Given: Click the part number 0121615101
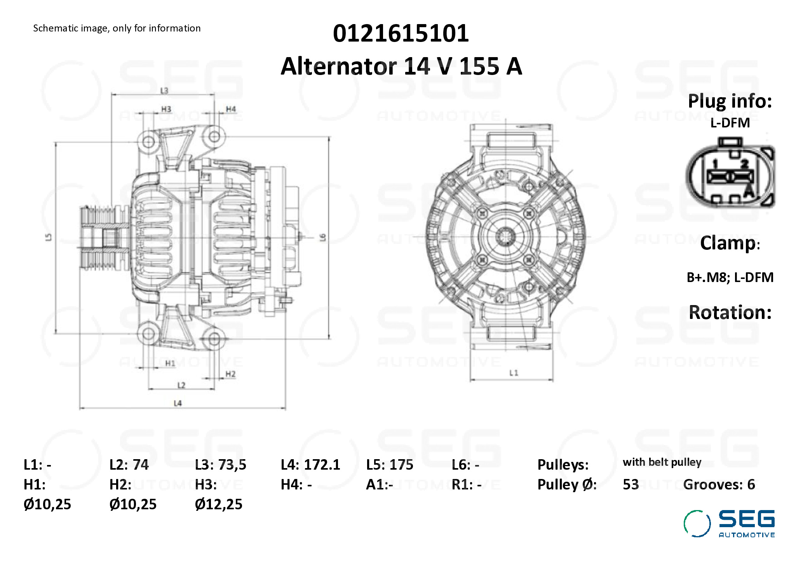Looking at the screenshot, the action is [x=401, y=33].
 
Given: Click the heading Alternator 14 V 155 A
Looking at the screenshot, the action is [x=401, y=66].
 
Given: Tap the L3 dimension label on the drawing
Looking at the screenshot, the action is [x=164, y=91].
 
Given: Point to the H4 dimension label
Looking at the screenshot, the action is [x=231, y=109].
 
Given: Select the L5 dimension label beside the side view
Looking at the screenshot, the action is [x=49, y=237].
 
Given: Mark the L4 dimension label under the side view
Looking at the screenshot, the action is [x=178, y=403].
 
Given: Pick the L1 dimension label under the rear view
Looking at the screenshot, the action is [x=514, y=373].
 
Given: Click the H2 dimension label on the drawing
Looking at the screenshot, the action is [x=230, y=374].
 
